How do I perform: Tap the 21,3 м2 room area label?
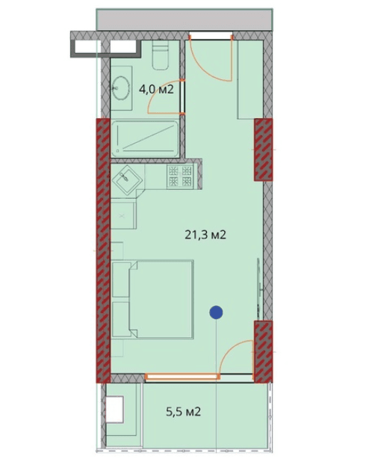click(x=205, y=234)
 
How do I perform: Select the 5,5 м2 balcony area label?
click(x=183, y=411)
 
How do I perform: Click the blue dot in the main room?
click(x=217, y=313)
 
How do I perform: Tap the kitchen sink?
click(x=128, y=179)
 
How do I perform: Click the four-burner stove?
click(x=180, y=176)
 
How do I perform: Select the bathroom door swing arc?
click(x=166, y=95)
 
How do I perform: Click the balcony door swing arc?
click(x=238, y=354)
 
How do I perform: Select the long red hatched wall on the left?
click(x=101, y=250)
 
